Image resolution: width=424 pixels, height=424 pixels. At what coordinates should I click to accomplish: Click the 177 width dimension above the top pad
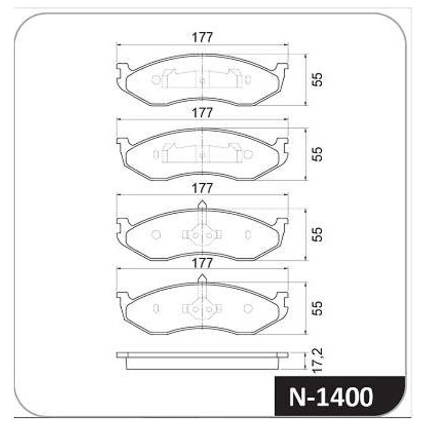(202, 37)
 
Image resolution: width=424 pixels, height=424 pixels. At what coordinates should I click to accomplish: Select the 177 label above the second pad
(202, 113)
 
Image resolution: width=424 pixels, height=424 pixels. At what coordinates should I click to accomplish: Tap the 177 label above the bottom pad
(202, 263)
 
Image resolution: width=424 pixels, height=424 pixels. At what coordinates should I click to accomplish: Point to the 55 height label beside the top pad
(318, 79)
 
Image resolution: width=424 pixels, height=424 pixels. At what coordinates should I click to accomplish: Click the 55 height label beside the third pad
(318, 234)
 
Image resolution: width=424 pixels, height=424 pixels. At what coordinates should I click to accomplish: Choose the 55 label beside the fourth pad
(318, 308)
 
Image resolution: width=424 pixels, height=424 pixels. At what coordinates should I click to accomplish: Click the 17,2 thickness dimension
(318, 360)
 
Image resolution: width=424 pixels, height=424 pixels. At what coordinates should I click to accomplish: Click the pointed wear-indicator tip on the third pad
(202, 201)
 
